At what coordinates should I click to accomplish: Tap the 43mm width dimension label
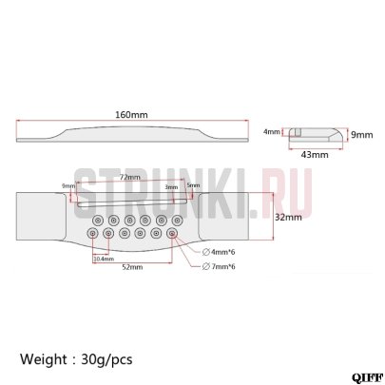[x=312, y=153]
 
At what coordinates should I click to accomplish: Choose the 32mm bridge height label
[x=289, y=217]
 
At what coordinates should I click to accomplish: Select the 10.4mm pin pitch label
[x=103, y=258]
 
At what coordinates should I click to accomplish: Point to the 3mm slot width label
[x=171, y=188]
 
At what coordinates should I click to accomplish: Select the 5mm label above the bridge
[x=194, y=185]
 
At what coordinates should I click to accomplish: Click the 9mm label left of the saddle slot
[x=67, y=186]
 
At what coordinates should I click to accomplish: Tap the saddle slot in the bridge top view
[x=133, y=203]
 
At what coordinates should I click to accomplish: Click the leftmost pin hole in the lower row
[x=93, y=233]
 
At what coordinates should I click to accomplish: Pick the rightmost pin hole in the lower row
[x=172, y=233]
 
